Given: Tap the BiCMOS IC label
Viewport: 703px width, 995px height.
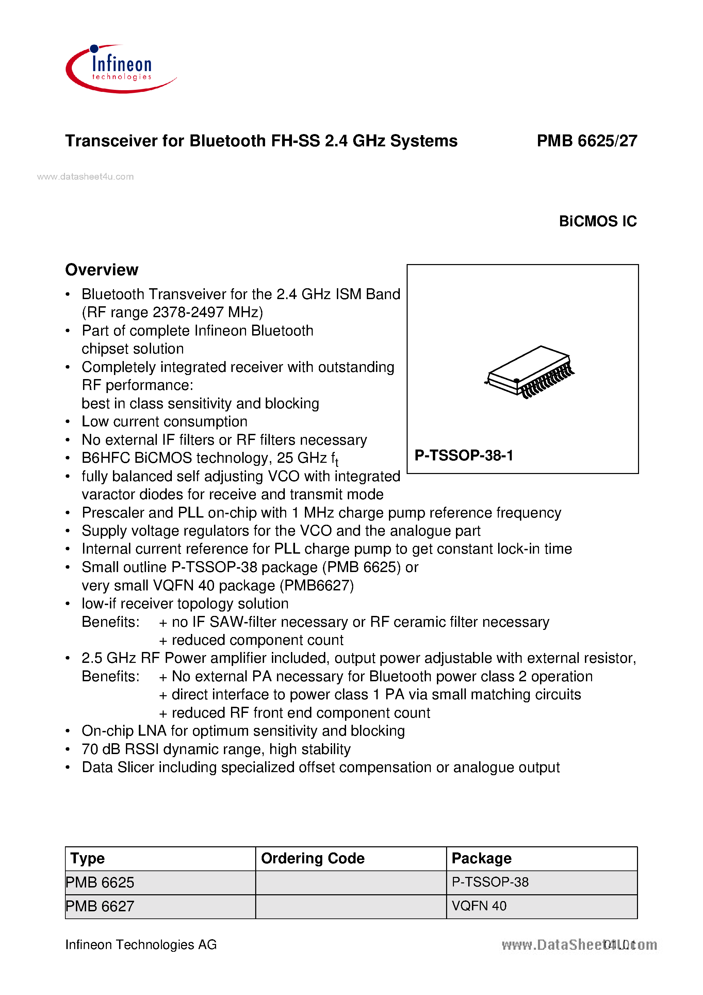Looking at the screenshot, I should click(x=597, y=222).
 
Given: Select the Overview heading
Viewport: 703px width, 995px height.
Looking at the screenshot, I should click(x=102, y=270).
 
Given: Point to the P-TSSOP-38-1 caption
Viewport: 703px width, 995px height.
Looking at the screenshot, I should click(x=464, y=455).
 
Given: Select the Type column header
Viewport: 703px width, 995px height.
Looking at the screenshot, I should click(x=87, y=858).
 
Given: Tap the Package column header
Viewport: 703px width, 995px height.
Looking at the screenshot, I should click(x=481, y=858).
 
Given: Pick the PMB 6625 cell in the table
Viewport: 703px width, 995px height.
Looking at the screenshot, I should click(x=100, y=882).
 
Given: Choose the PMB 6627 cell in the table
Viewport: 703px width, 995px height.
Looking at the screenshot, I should click(x=100, y=906).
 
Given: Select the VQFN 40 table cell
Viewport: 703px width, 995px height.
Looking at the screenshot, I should click(x=479, y=906).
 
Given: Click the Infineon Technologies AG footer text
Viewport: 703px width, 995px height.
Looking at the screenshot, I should click(x=141, y=944).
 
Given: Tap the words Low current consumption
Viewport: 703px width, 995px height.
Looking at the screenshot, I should click(x=165, y=422).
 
